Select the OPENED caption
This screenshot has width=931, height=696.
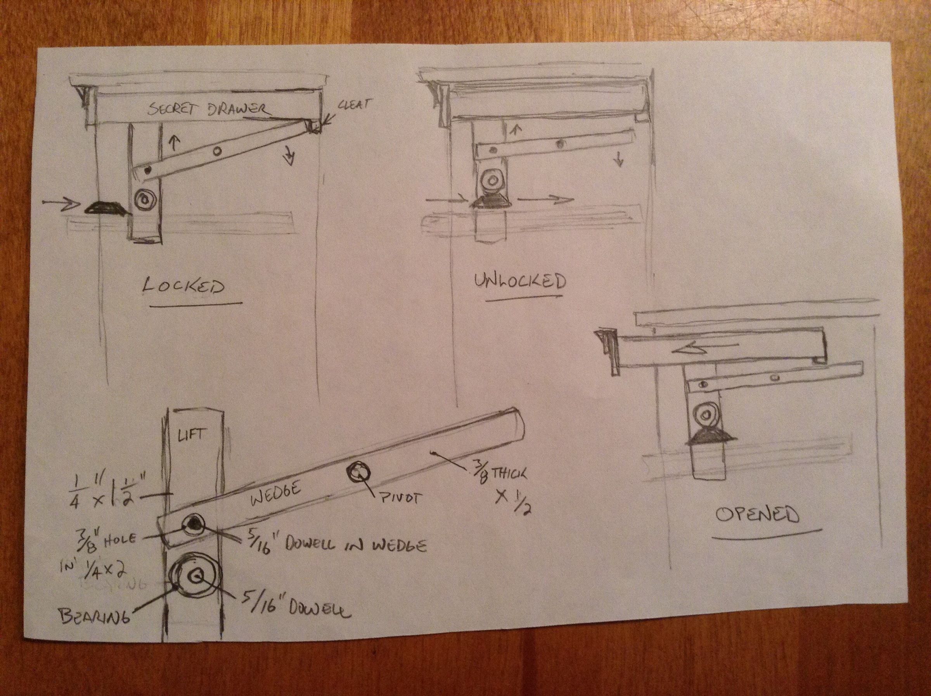(757, 515)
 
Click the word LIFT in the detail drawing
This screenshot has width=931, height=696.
(192, 434)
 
